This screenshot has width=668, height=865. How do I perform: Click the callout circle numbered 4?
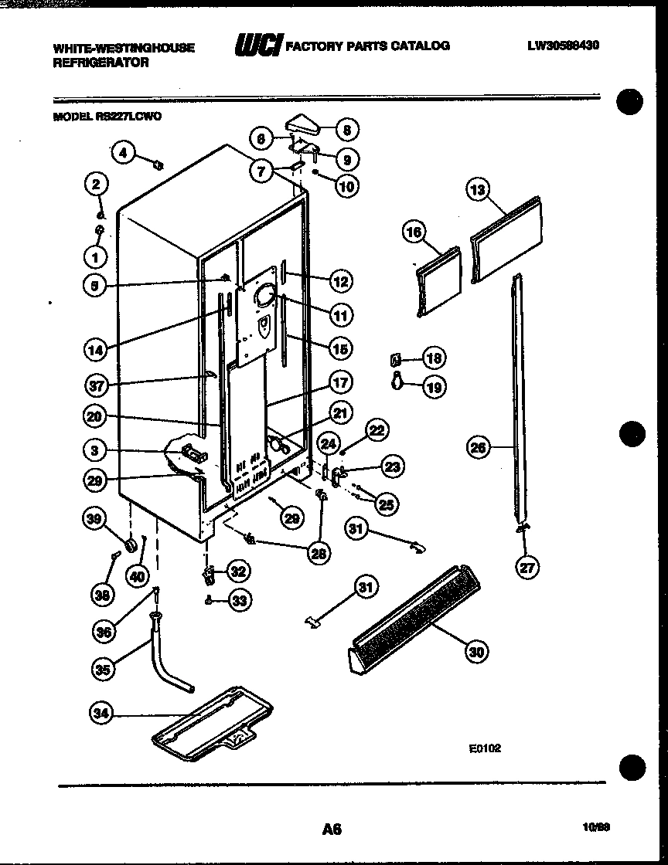[123, 152]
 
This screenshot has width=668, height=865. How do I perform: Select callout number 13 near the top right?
[480, 190]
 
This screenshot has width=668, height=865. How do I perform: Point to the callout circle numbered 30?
[477, 653]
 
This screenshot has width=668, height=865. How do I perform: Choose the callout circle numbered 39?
[95, 521]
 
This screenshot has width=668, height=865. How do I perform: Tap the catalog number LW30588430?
[564, 46]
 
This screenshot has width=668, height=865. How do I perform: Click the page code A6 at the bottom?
[332, 829]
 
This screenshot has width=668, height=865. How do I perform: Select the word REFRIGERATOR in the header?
[101, 63]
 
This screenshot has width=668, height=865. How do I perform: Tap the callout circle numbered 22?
[377, 431]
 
